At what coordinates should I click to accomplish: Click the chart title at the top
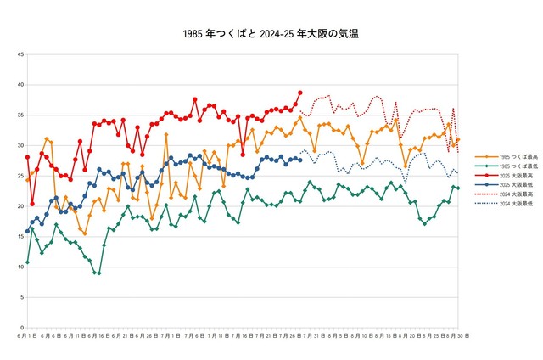point(271,35)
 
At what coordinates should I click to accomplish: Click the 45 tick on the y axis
point(20,55)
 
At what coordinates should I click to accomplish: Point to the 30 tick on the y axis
point(20,146)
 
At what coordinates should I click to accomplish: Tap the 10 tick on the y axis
point(20,267)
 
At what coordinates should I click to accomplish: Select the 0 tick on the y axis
point(21,328)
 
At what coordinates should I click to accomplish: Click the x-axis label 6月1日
point(28,336)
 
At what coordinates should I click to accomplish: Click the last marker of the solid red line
point(299,93)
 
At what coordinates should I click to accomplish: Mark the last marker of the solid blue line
point(299,160)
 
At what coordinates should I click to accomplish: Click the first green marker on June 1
point(28,262)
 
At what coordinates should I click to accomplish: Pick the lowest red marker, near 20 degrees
point(32,204)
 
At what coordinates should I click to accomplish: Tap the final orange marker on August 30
point(458,140)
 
